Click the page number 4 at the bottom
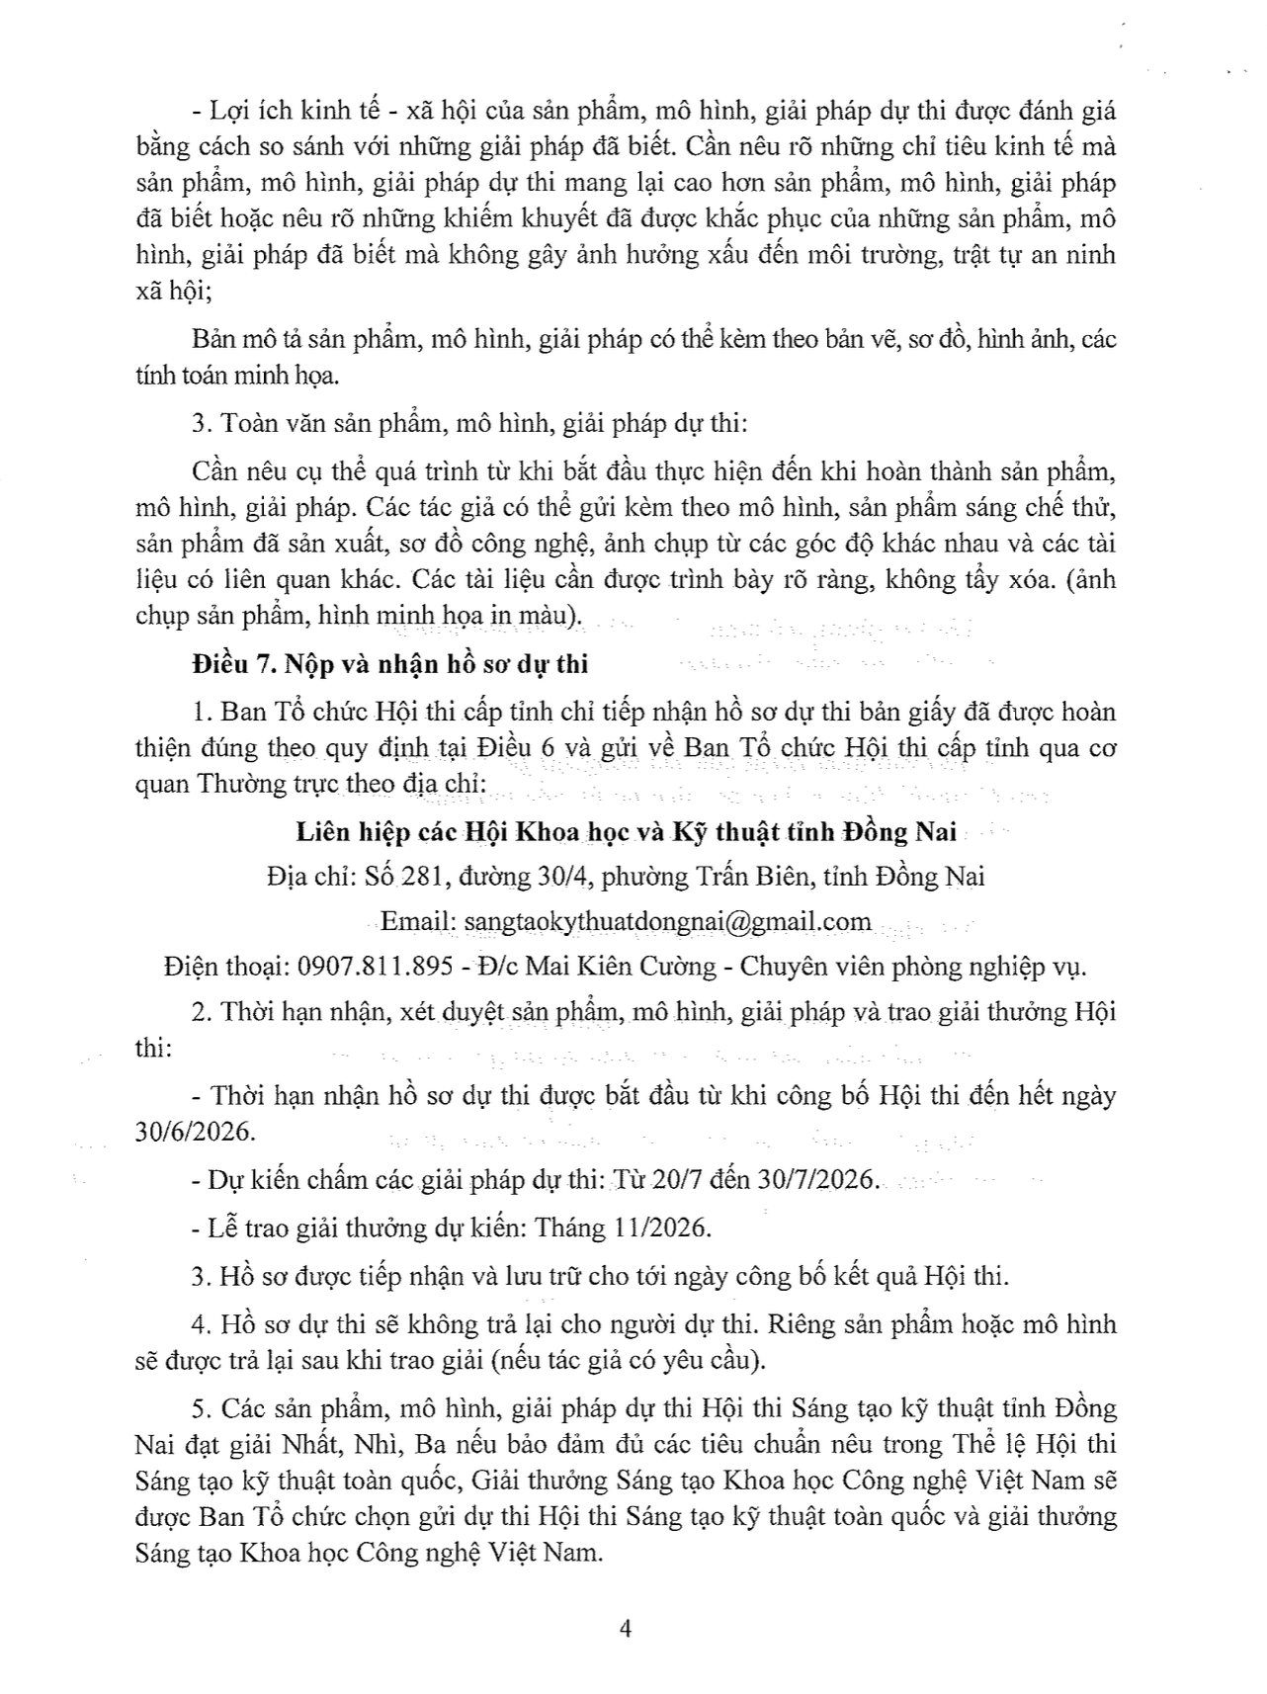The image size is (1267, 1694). point(624,1629)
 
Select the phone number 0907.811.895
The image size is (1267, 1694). point(375,965)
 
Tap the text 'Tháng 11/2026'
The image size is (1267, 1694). point(623,1228)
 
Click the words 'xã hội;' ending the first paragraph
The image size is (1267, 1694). point(170,291)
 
